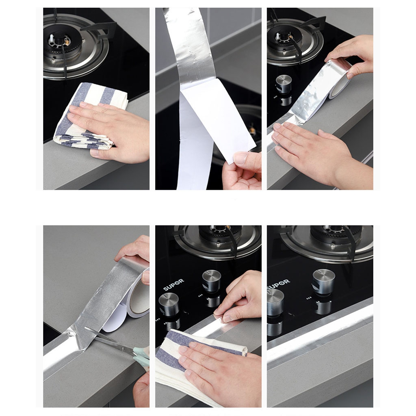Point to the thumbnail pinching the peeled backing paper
tap(241, 158)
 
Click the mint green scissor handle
tap(142, 357)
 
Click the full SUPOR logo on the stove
tap(173, 285)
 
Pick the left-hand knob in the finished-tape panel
tap(275, 302)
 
